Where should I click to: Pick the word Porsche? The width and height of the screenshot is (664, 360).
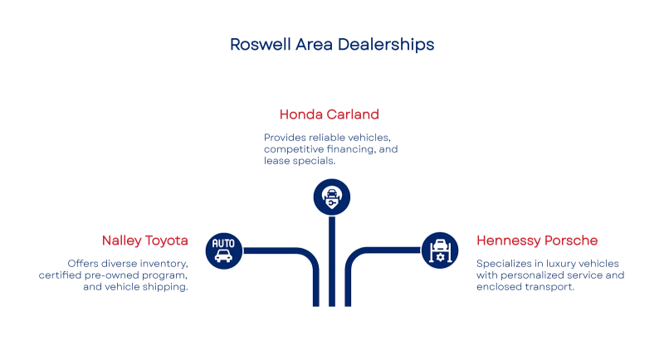tap(569, 240)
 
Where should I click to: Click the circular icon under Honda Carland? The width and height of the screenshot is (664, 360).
tap(332, 197)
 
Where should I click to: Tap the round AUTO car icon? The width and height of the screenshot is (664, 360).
tap(223, 250)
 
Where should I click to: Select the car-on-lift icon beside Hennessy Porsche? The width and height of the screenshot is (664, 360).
tap(440, 250)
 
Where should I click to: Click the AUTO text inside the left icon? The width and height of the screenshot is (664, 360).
tap(223, 243)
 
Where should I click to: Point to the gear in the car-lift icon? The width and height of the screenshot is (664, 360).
tap(440, 258)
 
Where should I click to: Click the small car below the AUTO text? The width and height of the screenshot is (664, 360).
tap(223, 257)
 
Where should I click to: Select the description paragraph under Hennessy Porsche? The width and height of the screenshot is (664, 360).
tap(548, 274)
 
